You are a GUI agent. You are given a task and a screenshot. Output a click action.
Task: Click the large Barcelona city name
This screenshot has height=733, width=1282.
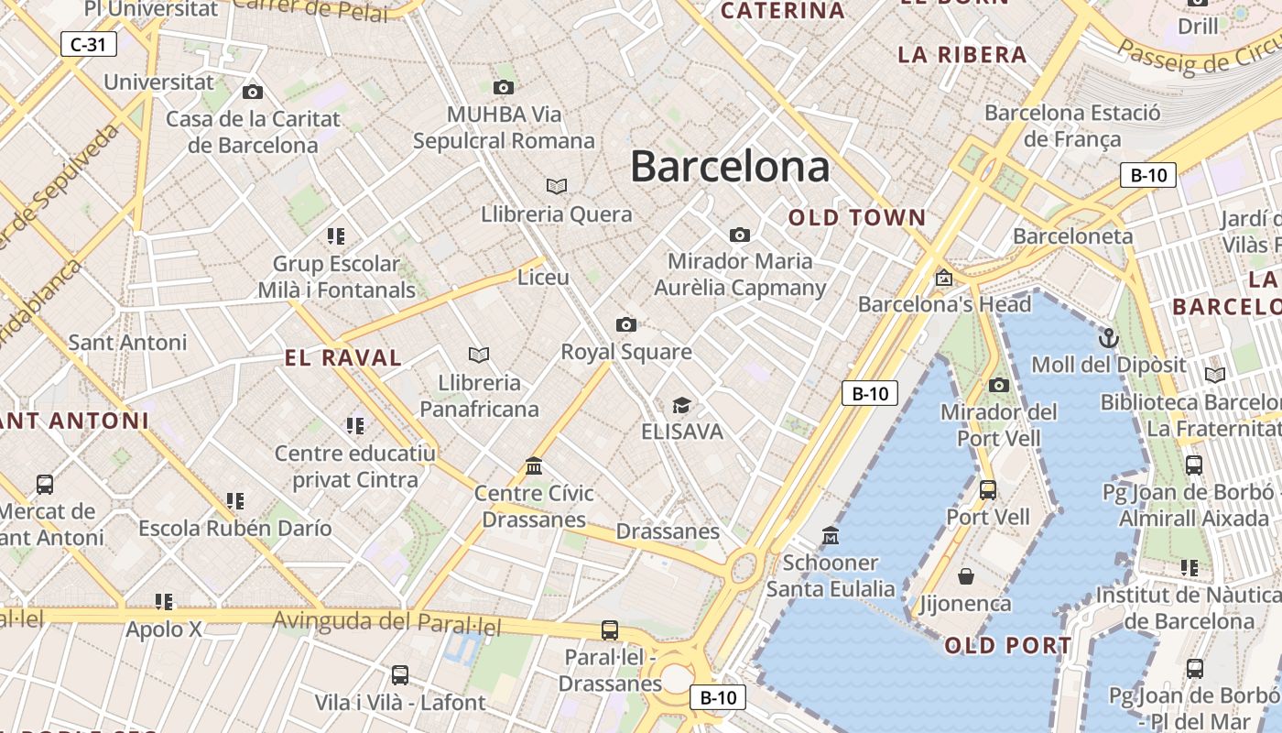[730, 167]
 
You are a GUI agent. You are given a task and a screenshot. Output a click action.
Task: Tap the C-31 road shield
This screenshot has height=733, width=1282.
[89, 44]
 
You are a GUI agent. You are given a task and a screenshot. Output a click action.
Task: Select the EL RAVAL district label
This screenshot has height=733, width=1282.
[343, 358]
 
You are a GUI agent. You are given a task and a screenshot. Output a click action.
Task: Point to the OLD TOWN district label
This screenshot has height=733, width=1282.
[857, 218]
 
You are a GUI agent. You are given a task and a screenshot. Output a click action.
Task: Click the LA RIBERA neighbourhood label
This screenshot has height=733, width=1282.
[962, 55]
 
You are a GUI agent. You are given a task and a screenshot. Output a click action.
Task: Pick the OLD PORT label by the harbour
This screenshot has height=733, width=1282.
[1007, 646]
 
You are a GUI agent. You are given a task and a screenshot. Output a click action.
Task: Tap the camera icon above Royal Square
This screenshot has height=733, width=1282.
[626, 324]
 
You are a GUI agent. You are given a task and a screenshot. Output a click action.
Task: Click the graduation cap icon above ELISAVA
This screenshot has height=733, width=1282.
[681, 405]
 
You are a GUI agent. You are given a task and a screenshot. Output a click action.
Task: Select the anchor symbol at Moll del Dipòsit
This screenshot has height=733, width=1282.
[1109, 338]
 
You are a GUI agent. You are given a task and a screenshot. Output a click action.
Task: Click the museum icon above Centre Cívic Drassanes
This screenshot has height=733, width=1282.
[534, 466]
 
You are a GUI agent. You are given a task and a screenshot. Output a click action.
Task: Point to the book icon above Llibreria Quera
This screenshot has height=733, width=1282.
[557, 187]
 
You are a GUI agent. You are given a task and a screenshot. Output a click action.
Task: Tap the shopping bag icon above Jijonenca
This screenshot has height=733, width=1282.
[965, 576]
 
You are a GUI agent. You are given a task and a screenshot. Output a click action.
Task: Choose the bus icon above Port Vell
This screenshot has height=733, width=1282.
[987, 490]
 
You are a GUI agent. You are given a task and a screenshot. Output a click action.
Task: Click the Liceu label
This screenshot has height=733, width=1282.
[543, 278]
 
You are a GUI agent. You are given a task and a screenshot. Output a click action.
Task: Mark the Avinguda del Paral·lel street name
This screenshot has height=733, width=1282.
[386, 623]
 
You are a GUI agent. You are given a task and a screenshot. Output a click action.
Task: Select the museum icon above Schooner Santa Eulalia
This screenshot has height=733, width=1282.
[831, 535]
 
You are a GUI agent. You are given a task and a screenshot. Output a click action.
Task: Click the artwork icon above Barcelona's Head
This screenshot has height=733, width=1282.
[944, 277]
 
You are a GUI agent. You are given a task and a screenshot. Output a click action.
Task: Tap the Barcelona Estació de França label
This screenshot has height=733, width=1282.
[1072, 126]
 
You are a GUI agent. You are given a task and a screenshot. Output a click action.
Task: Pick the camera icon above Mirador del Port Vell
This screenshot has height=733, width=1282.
[999, 385]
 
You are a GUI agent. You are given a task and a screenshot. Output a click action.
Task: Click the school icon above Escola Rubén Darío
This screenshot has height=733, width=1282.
[235, 501]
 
